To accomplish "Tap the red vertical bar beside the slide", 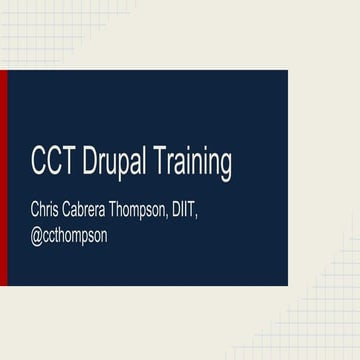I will coord(4,177).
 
